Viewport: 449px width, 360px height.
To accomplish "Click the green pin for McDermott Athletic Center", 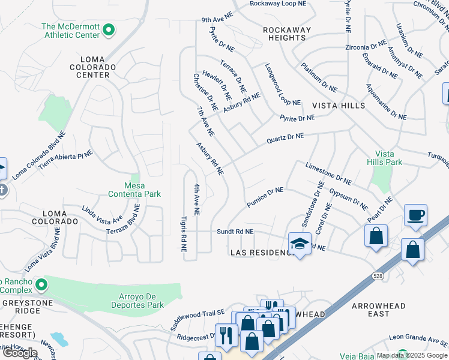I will click(x=108, y=29).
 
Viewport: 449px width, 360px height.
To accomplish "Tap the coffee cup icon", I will click(x=416, y=215).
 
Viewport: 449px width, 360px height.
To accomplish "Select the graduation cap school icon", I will click(x=299, y=244).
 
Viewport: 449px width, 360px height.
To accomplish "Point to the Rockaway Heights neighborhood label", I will click(x=287, y=34).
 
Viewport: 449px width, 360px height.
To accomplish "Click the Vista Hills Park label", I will click(x=384, y=158).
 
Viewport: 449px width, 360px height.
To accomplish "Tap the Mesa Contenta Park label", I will click(x=134, y=190).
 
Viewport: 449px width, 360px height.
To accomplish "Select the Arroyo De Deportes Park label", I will click(x=138, y=301).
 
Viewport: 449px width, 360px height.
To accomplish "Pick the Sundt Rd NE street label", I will click(x=235, y=231).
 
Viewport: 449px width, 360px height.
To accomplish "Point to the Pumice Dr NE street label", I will click(x=265, y=197).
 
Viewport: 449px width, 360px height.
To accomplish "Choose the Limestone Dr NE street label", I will click(x=328, y=173).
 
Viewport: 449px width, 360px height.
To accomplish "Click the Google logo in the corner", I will click(x=20, y=353).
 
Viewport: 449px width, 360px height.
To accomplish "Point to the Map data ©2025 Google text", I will click(x=411, y=355).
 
